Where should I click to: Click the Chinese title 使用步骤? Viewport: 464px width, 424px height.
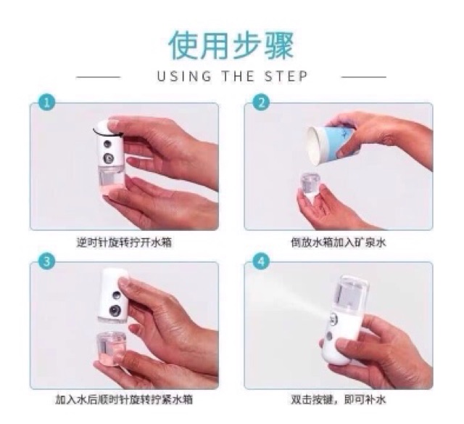(x=231, y=46)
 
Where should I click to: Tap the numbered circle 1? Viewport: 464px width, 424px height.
(x=46, y=102)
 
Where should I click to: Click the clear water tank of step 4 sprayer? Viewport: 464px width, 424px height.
(x=352, y=298)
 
